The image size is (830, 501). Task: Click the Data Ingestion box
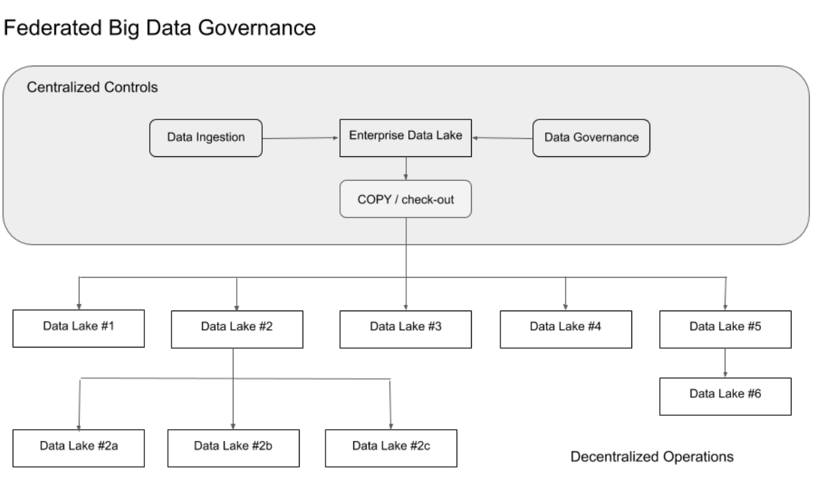(206, 137)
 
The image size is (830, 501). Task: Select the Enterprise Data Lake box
(405, 137)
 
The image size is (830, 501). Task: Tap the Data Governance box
(591, 137)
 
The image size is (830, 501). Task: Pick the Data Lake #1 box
(79, 327)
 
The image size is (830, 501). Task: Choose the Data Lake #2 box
(237, 327)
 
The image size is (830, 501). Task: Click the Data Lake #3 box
(406, 327)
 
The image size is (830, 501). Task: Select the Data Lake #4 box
(565, 327)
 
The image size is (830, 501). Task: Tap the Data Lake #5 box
(725, 327)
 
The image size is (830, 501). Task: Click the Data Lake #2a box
(79, 446)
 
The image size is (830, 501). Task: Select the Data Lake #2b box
(233, 446)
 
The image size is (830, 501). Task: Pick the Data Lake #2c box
(392, 446)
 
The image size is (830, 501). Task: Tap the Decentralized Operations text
(652, 458)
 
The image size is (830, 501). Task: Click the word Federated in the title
(46, 29)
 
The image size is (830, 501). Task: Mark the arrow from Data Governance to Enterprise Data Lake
(502, 138)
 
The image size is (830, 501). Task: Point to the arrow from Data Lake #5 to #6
(725, 363)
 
